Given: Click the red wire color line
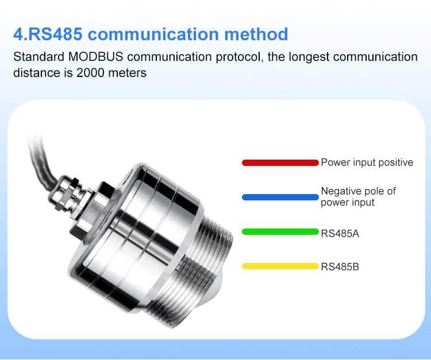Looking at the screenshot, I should (x=280, y=162).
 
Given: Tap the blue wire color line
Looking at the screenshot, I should (x=280, y=197).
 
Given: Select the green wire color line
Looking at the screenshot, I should (x=280, y=232).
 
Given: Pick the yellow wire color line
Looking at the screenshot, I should (x=280, y=266).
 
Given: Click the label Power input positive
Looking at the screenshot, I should (x=367, y=162).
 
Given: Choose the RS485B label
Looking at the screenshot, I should (x=340, y=266).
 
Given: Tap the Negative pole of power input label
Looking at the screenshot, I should (x=358, y=196).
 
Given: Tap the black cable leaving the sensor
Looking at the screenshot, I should (x=40, y=155).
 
